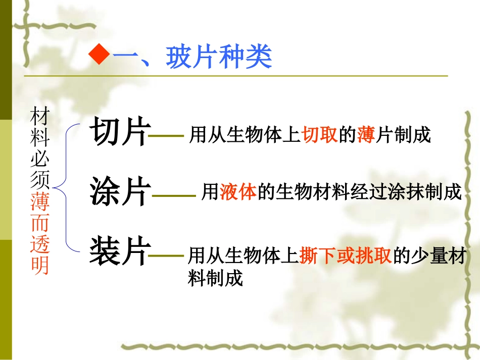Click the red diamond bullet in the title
click(x=99, y=56)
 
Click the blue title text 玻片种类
click(x=219, y=58)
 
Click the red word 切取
click(x=320, y=135)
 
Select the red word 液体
click(x=238, y=192)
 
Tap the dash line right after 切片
click(x=167, y=136)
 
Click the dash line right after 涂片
click(x=173, y=196)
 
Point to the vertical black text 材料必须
click(x=40, y=149)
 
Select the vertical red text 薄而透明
click(x=40, y=234)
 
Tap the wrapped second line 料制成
click(x=216, y=278)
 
